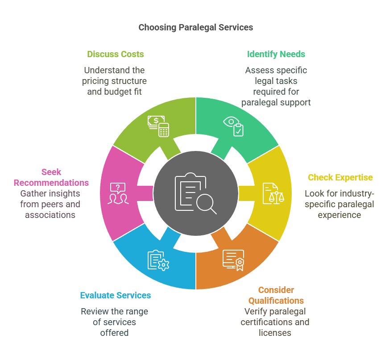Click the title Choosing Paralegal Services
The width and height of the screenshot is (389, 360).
click(195, 28)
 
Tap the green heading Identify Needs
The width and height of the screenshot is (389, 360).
click(276, 54)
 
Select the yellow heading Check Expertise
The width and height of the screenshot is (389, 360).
click(340, 178)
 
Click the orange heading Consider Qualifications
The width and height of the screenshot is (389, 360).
click(276, 295)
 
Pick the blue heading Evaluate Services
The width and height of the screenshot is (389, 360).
click(116, 296)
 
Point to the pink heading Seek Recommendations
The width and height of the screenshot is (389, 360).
click(51, 177)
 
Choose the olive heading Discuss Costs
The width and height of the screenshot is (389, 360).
click(115, 54)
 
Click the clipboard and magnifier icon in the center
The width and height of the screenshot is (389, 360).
click(195, 193)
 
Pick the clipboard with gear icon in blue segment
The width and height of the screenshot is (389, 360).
click(157, 260)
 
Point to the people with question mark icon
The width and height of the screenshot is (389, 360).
click(118, 193)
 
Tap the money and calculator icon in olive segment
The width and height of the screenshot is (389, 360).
click(158, 126)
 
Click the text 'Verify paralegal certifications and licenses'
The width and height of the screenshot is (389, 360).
click(275, 322)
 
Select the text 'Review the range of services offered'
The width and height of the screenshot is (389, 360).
click(115, 322)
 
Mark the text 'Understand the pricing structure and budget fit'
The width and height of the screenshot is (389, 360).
click(115, 81)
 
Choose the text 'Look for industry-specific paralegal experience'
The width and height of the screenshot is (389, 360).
click(339, 204)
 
